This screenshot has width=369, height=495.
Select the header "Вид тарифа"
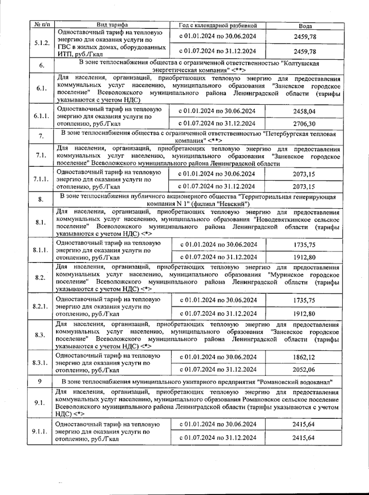(x=112, y=25)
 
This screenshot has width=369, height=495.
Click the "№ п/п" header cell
(x=42, y=24)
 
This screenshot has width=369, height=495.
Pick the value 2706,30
(x=304, y=124)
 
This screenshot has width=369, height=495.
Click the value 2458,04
(x=304, y=111)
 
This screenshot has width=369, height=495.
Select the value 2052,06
(x=304, y=370)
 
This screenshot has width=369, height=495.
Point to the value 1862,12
(x=304, y=357)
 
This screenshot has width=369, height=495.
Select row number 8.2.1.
(x=40, y=306)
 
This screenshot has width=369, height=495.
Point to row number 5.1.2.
(x=42, y=43)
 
